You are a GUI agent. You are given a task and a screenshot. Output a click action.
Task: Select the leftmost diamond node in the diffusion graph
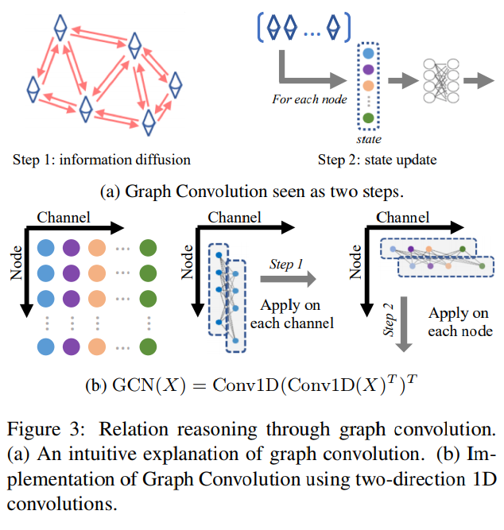pyautogui.click(x=33, y=89)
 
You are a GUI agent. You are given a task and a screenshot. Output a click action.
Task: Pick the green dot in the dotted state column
pyautogui.click(x=366, y=120)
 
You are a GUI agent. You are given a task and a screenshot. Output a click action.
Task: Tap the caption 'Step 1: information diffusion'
pyautogui.click(x=101, y=159)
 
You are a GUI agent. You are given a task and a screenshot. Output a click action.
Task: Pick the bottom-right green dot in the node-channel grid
pyautogui.click(x=147, y=346)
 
